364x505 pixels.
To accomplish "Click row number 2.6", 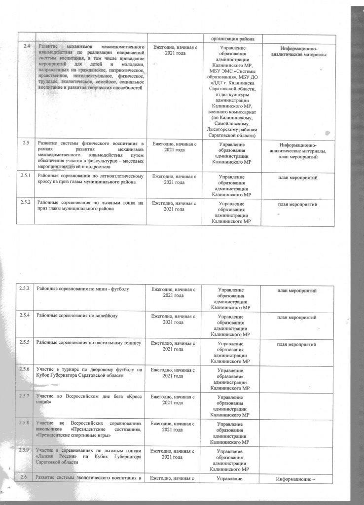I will click(x=22, y=476).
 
